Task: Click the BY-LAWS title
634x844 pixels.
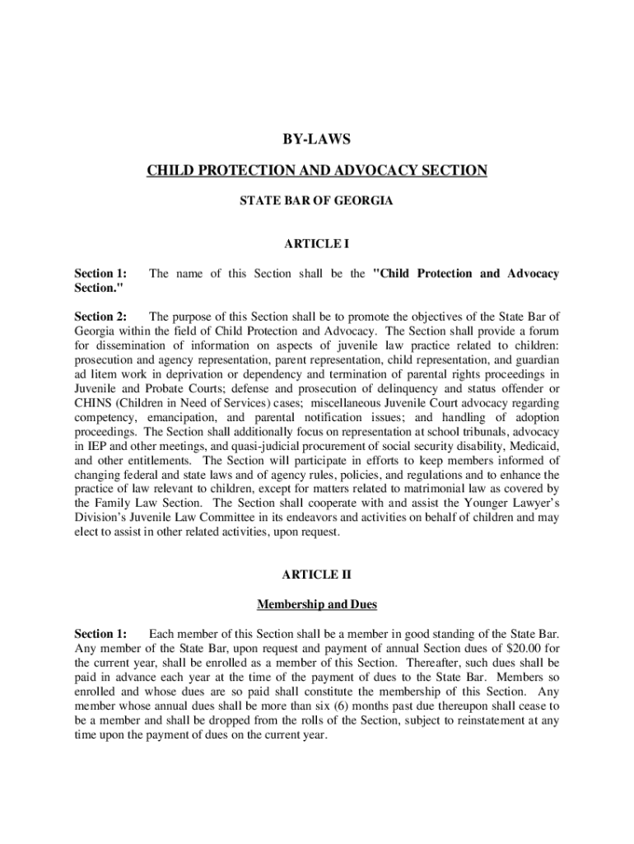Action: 317,141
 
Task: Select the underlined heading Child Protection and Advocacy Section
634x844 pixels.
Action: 317,171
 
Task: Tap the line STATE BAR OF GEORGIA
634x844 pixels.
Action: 317,200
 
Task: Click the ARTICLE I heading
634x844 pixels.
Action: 317,244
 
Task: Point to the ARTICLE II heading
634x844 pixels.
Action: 317,574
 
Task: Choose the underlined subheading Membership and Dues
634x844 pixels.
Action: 317,604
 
